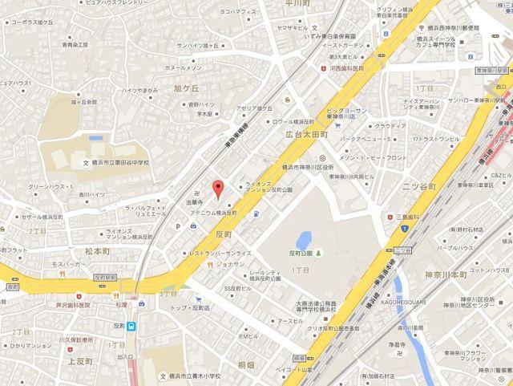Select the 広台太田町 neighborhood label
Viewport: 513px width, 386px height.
point(308,136)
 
